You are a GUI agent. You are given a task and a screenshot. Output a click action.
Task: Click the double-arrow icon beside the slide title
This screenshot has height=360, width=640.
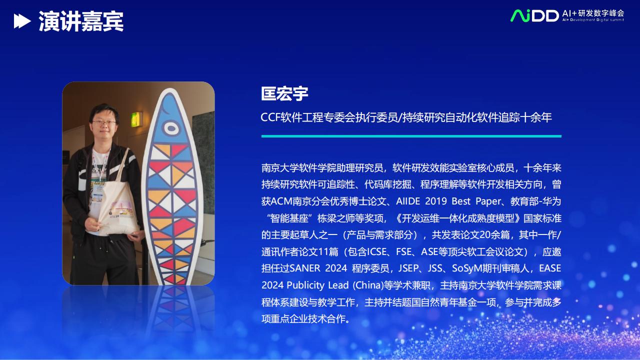(x=22, y=21)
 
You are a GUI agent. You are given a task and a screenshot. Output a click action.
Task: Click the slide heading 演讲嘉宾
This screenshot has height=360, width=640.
(x=81, y=21)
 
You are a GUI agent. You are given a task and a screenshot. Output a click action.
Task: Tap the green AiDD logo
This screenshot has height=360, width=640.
(x=534, y=15)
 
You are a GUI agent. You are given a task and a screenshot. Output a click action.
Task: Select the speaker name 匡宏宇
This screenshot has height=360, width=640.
(x=284, y=93)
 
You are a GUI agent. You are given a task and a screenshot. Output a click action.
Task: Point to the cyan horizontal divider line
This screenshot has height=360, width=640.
(x=411, y=136)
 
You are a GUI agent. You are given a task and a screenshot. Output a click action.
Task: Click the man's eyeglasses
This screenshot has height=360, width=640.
(x=104, y=122)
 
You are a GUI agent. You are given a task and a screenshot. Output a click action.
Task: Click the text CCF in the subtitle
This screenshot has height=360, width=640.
(x=270, y=117)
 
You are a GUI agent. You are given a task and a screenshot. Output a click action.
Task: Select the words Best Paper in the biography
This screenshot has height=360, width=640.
(x=476, y=201)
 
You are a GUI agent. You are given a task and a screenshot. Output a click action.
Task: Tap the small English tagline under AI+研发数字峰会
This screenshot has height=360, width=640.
(x=593, y=20)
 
